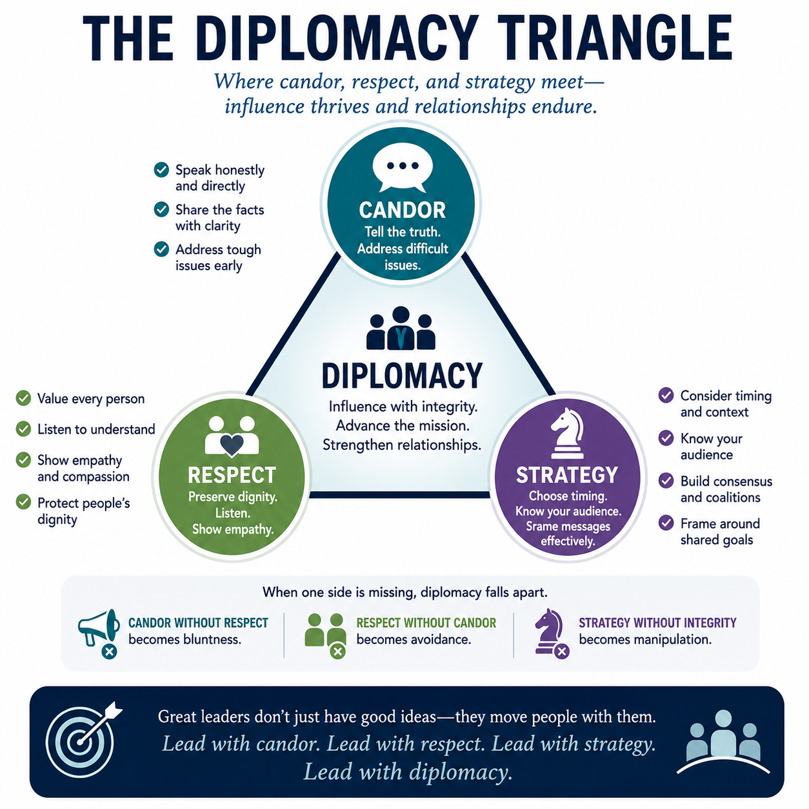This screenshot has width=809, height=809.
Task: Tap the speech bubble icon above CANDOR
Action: pyautogui.click(x=402, y=169)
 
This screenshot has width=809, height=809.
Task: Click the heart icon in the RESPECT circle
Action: pyautogui.click(x=232, y=445)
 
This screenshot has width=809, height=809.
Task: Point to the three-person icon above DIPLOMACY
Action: pyautogui.click(x=401, y=328)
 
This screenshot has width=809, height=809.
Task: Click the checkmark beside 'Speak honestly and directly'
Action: pyautogui.click(x=161, y=170)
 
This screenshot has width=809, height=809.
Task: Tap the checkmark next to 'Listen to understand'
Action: pyautogui.click(x=23, y=429)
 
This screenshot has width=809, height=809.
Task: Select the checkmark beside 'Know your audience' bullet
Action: pyautogui.click(x=666, y=438)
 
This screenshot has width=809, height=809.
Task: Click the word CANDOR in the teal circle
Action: pyautogui.click(x=402, y=210)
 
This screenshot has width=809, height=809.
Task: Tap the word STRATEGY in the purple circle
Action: pyautogui.click(x=567, y=475)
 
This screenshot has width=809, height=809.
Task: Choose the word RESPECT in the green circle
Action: pyautogui.click(x=232, y=475)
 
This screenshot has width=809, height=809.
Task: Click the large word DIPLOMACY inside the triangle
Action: pyautogui.click(x=402, y=375)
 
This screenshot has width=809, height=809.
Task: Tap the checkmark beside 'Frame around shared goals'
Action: pyautogui.click(x=666, y=523)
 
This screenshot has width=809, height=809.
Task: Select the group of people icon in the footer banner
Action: pyautogui.click(x=723, y=741)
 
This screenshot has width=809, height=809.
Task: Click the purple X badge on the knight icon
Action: pyautogui.click(x=562, y=651)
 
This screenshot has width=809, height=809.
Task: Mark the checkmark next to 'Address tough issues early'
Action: pyautogui.click(x=161, y=249)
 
